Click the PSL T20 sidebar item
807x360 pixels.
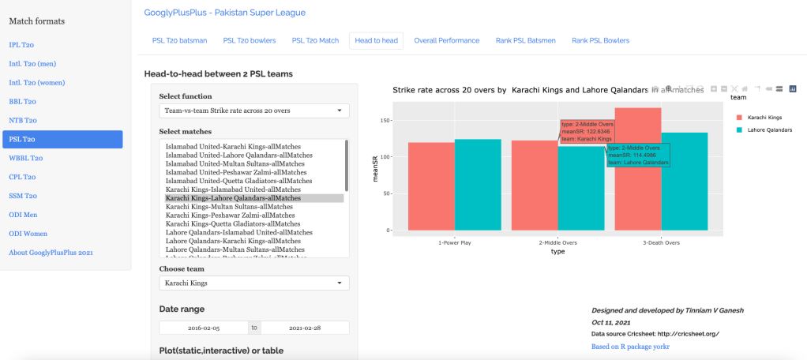[x=62, y=139]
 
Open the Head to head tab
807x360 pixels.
[x=376, y=40]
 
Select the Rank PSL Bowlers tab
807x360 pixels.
[x=600, y=40]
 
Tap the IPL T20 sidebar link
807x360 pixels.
[x=21, y=44]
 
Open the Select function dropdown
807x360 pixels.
[x=253, y=111]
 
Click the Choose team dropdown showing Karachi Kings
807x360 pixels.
[x=253, y=283]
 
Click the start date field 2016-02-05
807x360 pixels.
[x=204, y=327]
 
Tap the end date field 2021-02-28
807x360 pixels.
[x=305, y=327]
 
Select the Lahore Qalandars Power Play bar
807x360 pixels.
[x=478, y=185]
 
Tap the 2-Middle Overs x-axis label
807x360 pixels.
[x=558, y=242]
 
